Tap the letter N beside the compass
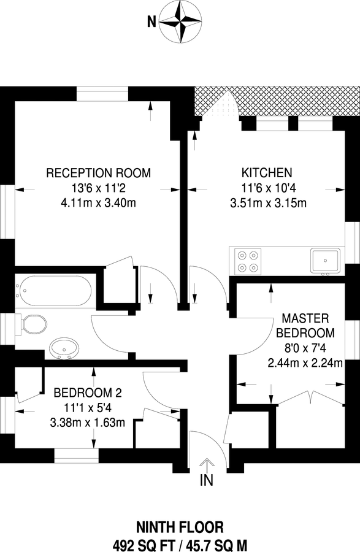(151, 23)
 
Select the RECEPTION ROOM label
(99, 172)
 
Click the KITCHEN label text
(266, 172)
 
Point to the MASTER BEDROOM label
(305, 326)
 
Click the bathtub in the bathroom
(55, 291)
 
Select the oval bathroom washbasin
(64, 348)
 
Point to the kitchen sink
(324, 261)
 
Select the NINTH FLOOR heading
(180, 526)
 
